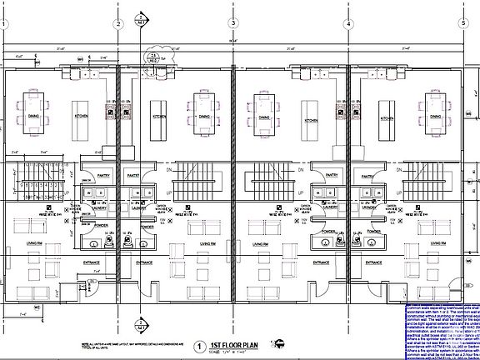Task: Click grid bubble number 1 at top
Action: coord(6,24)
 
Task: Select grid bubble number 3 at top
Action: coord(233,24)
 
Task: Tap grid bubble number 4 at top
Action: coord(347,24)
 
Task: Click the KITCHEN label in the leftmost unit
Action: coord(82,117)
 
